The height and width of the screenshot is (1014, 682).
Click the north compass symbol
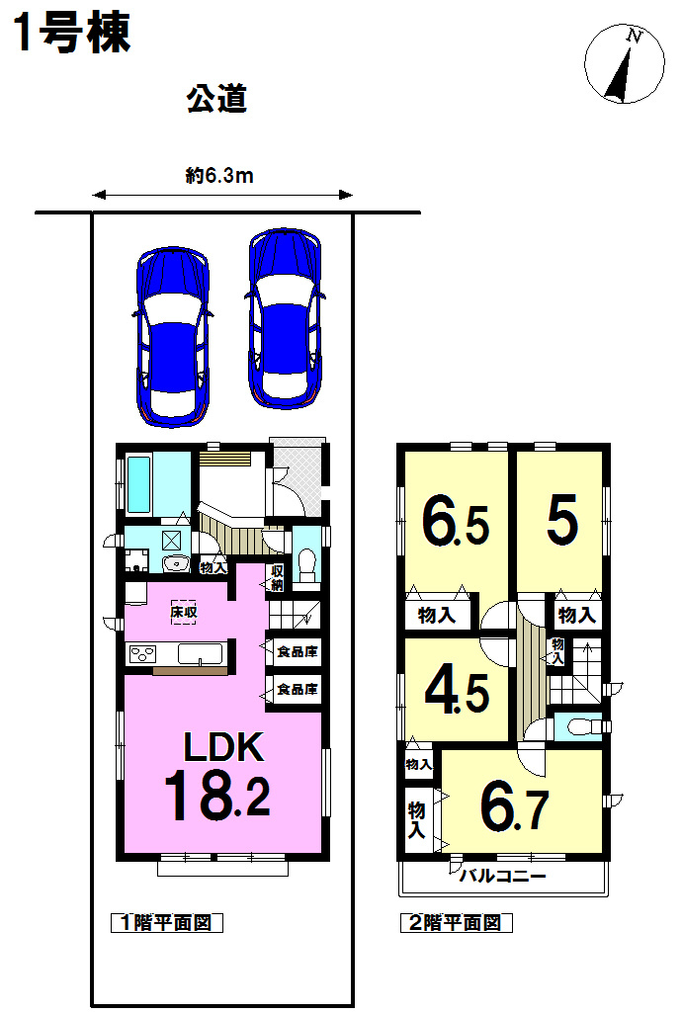click(x=624, y=63)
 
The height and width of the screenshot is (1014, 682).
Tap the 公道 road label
click(x=217, y=100)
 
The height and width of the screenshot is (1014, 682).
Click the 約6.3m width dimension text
click(x=219, y=175)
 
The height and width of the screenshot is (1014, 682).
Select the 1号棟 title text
click(x=72, y=33)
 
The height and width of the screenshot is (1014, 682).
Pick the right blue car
click(x=285, y=318)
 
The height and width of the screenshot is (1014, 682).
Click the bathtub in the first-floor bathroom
click(x=139, y=483)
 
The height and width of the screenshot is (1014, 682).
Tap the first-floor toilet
click(x=307, y=563)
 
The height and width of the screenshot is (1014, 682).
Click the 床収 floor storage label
click(x=184, y=611)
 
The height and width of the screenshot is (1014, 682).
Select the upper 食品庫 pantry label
click(x=298, y=652)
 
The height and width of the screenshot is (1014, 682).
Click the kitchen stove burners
click(x=143, y=654)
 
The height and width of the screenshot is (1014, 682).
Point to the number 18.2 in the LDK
click(x=216, y=796)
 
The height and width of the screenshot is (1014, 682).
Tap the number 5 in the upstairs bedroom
click(x=561, y=521)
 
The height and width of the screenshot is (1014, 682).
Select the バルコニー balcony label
click(x=503, y=877)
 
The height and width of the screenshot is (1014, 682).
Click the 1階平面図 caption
click(x=167, y=922)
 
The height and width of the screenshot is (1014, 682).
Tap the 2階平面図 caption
click(x=457, y=922)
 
